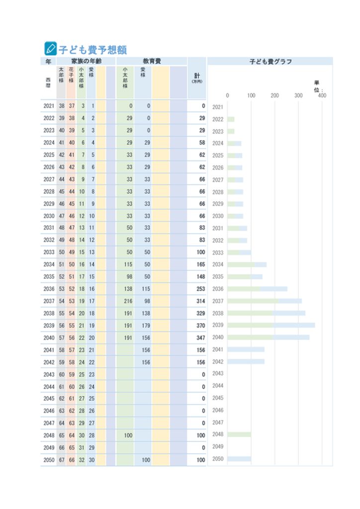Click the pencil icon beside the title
coord(50,49)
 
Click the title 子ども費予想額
coord(92,50)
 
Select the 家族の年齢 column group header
coord(87,61)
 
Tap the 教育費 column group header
coord(152,61)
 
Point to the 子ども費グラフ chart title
coord(270,61)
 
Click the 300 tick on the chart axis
coord(298,95)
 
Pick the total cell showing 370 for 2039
coord(200,326)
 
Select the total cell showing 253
coord(200,289)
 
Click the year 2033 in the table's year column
coord(49,252)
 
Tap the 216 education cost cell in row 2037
coord(128,301)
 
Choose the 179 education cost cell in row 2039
coord(146,326)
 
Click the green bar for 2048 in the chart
coord(239,434)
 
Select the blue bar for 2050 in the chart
coord(239,459)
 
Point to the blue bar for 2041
coord(246,349)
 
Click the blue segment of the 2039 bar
coord(294,325)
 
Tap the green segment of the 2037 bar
coord(253,301)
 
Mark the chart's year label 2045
coord(218,398)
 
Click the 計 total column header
coord(197,78)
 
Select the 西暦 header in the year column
coord(48,83)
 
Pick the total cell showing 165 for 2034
coord(200,264)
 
